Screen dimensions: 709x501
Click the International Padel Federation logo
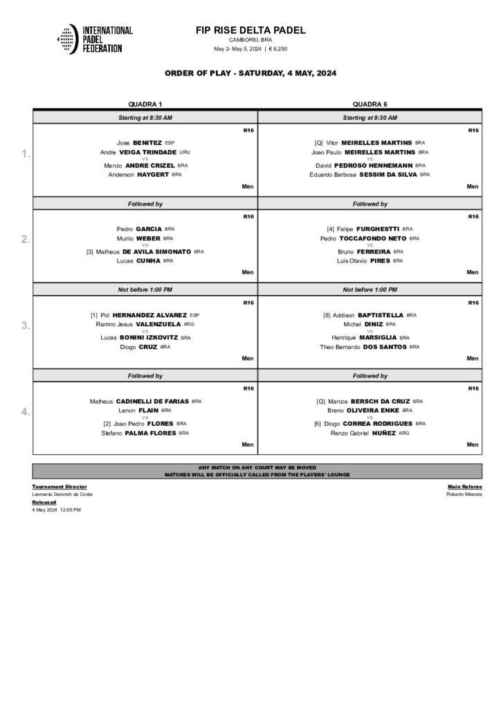[95, 40]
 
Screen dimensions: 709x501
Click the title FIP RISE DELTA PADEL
[250, 30]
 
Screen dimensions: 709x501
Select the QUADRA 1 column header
[145, 103]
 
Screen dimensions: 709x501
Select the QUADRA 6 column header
[370, 103]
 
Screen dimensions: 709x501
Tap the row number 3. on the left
[26, 325]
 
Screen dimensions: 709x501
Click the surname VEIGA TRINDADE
[148, 152]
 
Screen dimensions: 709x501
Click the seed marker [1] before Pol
[94, 315]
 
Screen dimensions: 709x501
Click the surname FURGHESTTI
[378, 228]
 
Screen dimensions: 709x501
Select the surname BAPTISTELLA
[379, 315]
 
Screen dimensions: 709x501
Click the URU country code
[184, 152]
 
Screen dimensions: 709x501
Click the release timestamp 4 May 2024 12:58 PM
[57, 509]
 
